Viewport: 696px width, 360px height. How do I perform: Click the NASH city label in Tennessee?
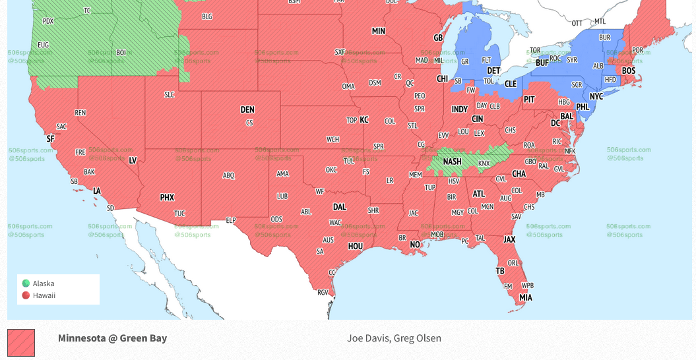(x=452, y=162)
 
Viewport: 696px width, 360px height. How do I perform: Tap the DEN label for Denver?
(x=247, y=110)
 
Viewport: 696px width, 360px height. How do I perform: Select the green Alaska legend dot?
(x=26, y=284)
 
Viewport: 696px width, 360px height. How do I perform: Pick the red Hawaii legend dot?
(x=26, y=295)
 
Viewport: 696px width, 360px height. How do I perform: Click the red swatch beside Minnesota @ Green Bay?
(x=21, y=343)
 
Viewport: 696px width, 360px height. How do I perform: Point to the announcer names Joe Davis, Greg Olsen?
(x=394, y=338)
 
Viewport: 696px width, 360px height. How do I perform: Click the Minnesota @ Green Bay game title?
(x=112, y=338)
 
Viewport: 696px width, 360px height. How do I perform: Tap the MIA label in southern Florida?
(x=525, y=297)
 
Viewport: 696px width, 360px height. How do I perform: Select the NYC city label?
(x=596, y=96)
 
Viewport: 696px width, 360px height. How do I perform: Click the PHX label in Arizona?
(x=167, y=197)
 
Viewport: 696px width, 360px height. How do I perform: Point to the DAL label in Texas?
(x=340, y=207)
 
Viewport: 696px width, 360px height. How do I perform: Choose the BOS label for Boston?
(x=628, y=71)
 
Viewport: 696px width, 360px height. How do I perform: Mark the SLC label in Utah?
(x=170, y=95)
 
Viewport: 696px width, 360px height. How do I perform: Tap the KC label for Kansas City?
(x=364, y=120)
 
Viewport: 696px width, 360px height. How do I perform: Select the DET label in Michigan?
(x=493, y=70)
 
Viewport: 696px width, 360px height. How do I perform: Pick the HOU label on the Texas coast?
(x=356, y=246)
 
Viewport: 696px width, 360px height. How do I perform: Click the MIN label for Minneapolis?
(x=379, y=31)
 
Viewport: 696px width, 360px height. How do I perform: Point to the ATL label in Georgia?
(x=478, y=194)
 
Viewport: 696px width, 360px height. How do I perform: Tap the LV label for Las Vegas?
(x=133, y=160)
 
